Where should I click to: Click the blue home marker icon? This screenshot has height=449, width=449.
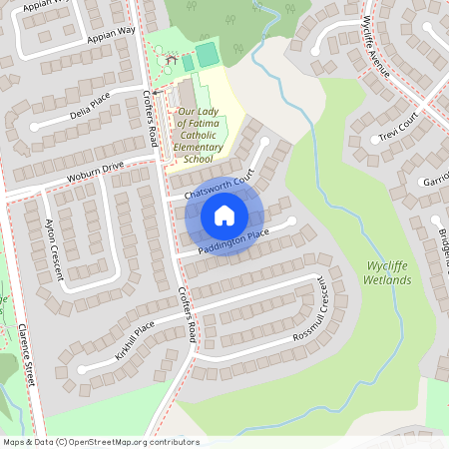tap(224, 215)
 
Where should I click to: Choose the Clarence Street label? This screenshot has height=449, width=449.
tap(26, 354)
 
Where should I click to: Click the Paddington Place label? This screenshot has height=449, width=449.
tap(232, 240)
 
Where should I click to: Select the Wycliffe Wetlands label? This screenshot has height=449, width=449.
tap(388, 273)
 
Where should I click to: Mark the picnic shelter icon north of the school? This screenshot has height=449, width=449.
tap(173, 59)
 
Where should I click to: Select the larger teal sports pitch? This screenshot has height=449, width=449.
tap(207, 55)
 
